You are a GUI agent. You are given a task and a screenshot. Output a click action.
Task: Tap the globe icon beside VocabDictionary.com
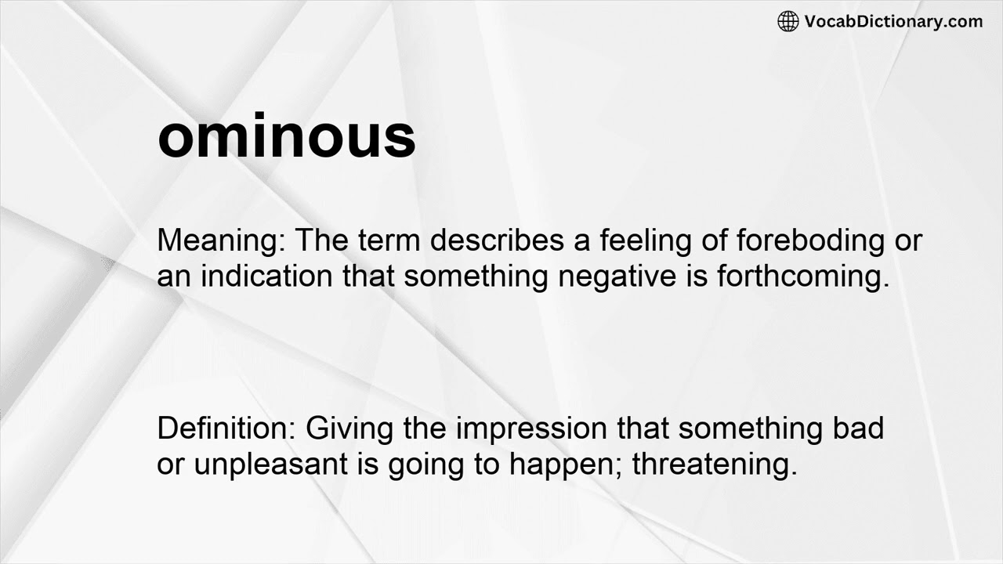click(788, 22)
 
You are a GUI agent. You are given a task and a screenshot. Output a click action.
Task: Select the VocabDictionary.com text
click(893, 22)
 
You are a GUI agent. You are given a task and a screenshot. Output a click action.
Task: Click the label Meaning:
click(222, 241)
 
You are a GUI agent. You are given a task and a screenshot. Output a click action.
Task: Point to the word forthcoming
click(803, 278)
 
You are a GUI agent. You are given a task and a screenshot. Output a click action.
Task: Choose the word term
click(393, 240)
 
